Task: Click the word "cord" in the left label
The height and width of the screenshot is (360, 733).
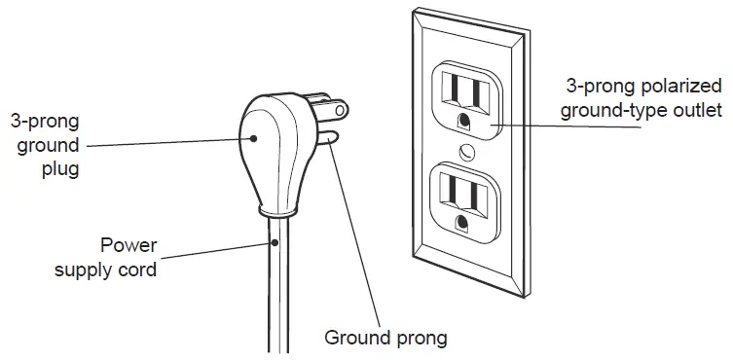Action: point(137,269)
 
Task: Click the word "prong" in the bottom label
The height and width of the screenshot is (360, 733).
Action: point(420,340)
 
